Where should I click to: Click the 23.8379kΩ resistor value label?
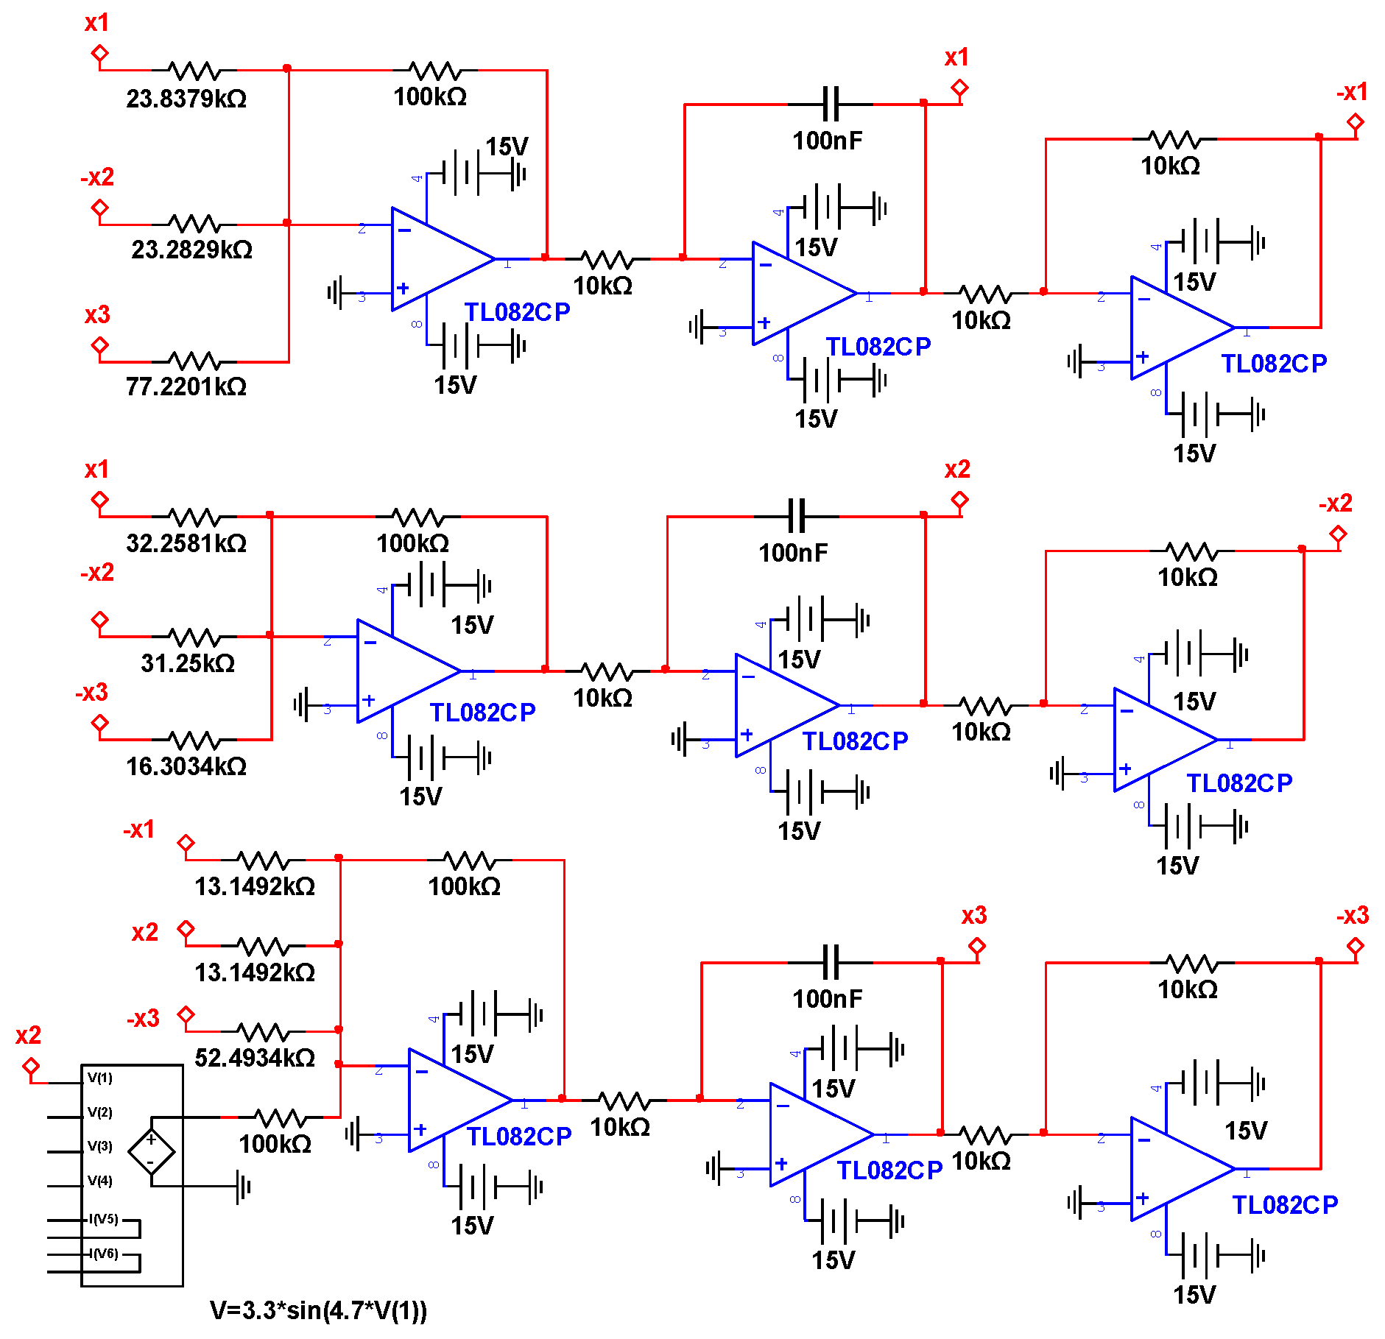point(186,99)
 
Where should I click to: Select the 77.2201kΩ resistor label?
point(186,386)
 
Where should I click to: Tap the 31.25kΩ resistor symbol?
point(194,637)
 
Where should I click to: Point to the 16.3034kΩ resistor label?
point(186,766)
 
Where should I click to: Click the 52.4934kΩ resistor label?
point(255,1058)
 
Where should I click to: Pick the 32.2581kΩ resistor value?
point(186,543)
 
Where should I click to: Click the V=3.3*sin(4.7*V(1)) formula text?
point(318,1310)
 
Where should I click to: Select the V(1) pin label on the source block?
point(100,1078)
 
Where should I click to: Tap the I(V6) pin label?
point(103,1254)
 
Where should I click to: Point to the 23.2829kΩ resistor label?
point(191,250)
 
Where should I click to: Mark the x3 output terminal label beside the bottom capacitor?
point(973,916)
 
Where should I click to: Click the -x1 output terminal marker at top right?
point(1355,122)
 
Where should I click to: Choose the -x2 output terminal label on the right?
point(1335,504)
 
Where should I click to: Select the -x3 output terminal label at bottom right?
point(1352,916)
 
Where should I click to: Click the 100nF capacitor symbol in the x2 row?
point(797,516)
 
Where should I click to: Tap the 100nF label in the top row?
point(827,141)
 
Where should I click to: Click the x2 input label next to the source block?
point(28,1036)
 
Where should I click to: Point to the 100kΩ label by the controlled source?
point(275,1144)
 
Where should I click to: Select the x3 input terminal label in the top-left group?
point(97,315)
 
